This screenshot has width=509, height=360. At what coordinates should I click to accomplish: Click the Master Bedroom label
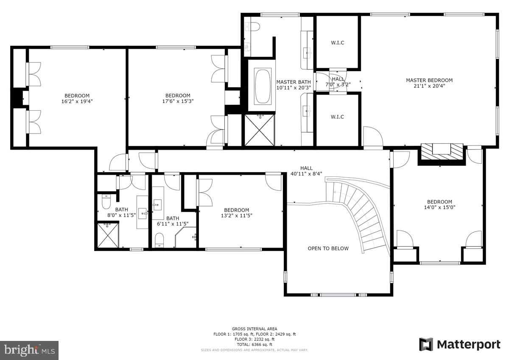point(429,80)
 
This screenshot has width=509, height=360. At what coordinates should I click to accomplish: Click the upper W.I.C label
point(337,42)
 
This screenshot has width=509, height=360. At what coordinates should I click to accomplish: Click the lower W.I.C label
point(337,117)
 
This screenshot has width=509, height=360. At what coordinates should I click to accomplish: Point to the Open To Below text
point(328,248)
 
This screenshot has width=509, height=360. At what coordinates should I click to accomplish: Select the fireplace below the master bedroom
point(441,151)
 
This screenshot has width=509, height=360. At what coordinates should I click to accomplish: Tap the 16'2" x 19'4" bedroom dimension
point(77,101)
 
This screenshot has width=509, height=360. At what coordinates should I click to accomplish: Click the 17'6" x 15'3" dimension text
point(178,101)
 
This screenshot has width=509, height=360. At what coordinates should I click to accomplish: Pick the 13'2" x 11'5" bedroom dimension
point(236,216)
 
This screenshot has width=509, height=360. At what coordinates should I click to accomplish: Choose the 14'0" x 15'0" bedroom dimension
point(439,207)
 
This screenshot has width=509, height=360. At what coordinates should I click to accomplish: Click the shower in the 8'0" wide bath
point(108,235)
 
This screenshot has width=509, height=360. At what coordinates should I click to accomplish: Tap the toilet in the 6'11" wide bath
point(159,240)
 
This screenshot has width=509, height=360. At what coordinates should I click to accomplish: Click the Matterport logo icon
point(426,345)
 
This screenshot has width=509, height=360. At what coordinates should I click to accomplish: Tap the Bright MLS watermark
point(29,350)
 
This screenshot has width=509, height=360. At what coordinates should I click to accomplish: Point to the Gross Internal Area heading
point(255,329)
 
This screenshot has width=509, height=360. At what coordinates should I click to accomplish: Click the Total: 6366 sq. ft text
point(255,344)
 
